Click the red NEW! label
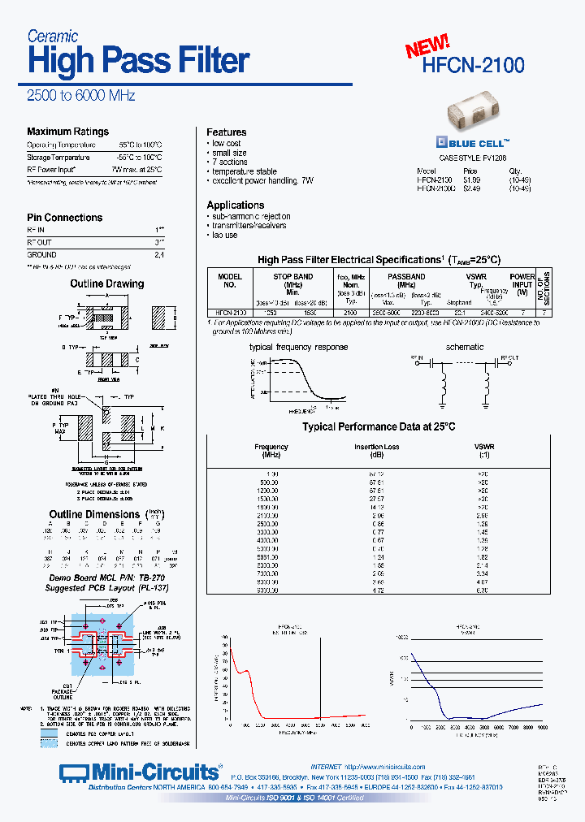(427, 46)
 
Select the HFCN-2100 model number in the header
(474, 65)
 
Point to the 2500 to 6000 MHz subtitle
(81, 96)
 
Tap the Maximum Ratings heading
(67, 132)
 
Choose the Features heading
(226, 132)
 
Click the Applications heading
(235, 205)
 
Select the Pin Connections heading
(64, 218)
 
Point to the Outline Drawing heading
(106, 283)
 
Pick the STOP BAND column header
(292, 277)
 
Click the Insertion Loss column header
(376, 447)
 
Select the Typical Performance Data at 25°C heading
(379, 426)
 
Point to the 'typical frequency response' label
(298, 347)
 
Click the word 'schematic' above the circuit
(465, 347)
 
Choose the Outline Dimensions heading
(95, 514)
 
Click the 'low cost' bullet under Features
(227, 144)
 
